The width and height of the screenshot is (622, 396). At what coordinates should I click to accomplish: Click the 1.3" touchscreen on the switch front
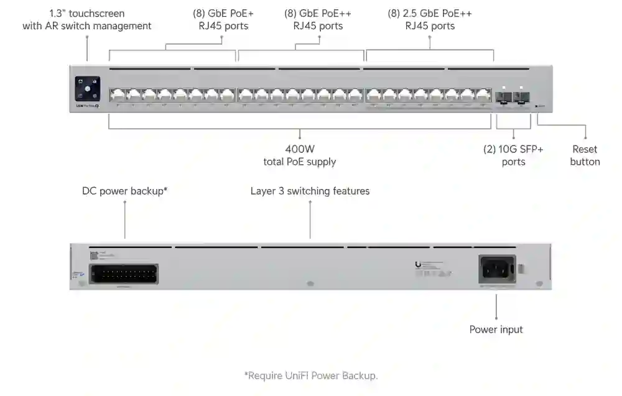click(87, 88)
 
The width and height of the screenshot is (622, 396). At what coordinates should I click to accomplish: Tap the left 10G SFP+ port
click(504, 96)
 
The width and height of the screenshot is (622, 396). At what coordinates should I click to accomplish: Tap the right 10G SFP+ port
click(521, 96)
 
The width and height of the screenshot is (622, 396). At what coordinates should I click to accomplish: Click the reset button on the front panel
click(537, 106)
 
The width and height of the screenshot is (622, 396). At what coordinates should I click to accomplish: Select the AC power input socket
click(497, 269)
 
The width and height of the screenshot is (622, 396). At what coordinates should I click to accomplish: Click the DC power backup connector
click(123, 274)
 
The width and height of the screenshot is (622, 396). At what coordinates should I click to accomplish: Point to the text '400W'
click(301, 149)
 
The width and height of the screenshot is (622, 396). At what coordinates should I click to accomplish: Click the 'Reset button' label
click(585, 155)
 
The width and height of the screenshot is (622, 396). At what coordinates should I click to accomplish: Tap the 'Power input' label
click(496, 329)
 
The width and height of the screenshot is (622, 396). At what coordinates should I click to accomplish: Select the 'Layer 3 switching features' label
click(310, 191)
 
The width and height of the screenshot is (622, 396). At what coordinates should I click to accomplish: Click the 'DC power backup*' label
click(124, 191)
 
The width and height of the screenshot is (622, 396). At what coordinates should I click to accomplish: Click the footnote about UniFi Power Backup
click(310, 375)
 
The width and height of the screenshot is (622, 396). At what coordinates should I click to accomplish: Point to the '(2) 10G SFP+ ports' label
click(513, 155)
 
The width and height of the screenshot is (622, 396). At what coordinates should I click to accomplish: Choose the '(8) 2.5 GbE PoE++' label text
click(430, 13)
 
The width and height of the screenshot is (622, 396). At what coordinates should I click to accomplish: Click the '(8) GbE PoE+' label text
click(223, 13)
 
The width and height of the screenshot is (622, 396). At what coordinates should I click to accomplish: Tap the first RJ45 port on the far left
click(117, 95)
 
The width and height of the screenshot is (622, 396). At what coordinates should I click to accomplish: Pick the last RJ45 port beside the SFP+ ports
click(484, 95)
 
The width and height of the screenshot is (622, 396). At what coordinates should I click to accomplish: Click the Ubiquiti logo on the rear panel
click(417, 264)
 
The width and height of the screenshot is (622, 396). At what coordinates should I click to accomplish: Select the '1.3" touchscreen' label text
click(87, 13)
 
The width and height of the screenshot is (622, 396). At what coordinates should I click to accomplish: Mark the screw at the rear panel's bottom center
click(310, 283)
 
